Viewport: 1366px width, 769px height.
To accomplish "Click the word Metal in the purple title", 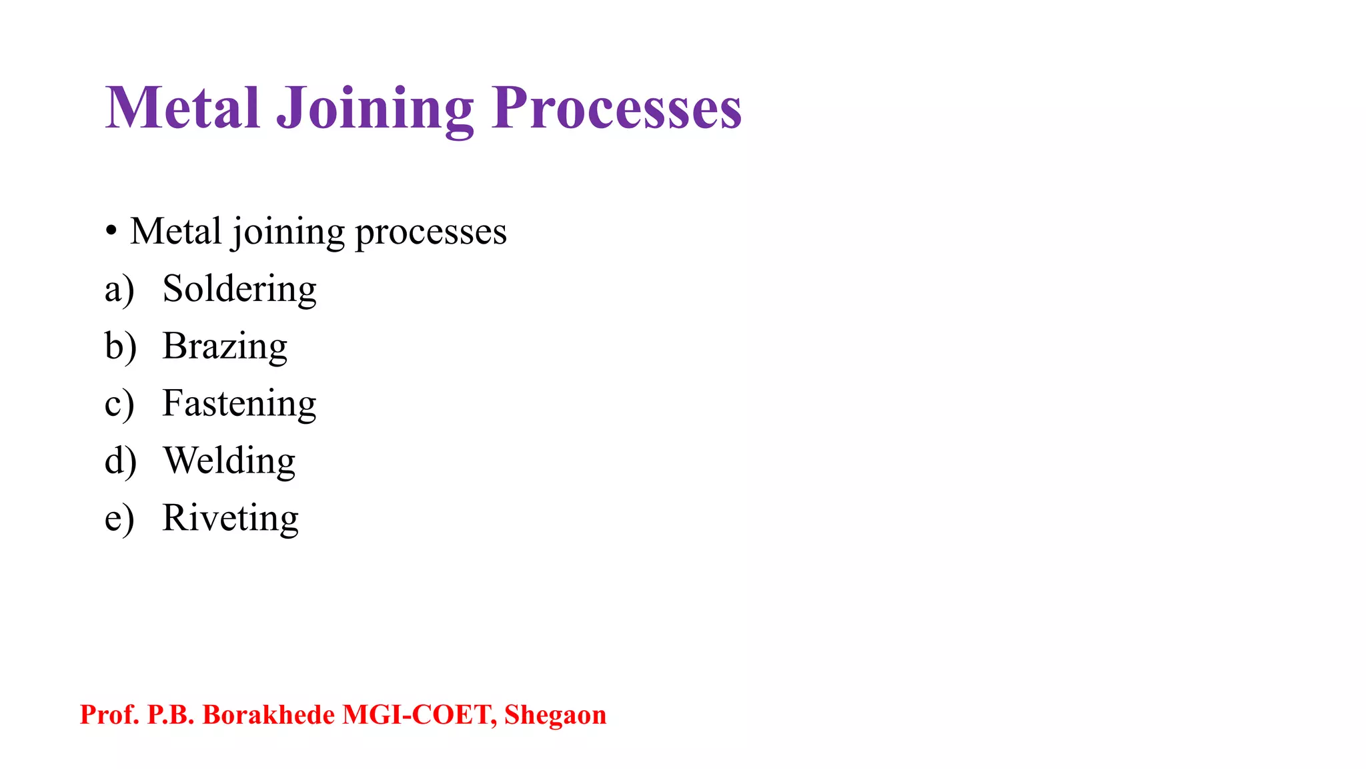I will [x=182, y=107].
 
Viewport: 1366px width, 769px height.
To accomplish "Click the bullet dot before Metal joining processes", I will [x=111, y=232].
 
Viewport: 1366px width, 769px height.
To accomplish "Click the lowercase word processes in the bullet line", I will [x=430, y=233].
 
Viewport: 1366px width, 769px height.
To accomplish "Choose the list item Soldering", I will [x=239, y=289].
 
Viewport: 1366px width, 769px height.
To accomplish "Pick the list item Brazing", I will [x=225, y=346].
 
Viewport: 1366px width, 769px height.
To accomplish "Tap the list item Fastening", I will [x=239, y=404].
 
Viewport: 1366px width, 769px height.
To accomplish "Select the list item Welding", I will [x=229, y=461].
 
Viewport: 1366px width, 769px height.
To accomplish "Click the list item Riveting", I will [x=230, y=518].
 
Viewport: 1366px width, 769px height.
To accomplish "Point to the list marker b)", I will [x=120, y=347].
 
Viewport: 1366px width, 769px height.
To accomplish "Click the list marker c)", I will [x=119, y=405].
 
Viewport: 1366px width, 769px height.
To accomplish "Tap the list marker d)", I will [x=120, y=461].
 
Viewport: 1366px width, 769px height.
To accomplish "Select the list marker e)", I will [x=119, y=519].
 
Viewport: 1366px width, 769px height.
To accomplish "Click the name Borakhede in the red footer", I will [x=268, y=715].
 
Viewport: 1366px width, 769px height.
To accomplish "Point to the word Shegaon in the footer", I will [x=555, y=715].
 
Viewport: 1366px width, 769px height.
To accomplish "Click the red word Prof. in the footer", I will [x=109, y=715].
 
